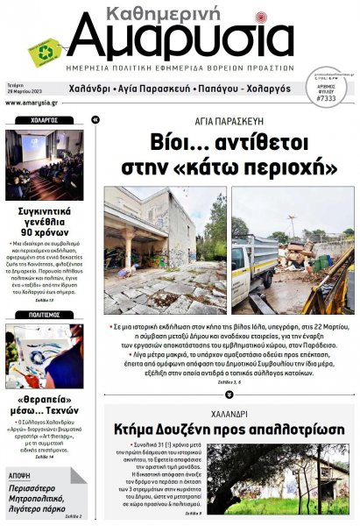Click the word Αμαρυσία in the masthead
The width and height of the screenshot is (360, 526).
tap(180, 40)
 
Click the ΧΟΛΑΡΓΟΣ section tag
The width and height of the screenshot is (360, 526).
tap(43, 119)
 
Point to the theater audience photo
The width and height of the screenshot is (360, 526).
tap(44, 165)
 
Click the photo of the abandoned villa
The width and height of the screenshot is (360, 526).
tap(165, 250)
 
